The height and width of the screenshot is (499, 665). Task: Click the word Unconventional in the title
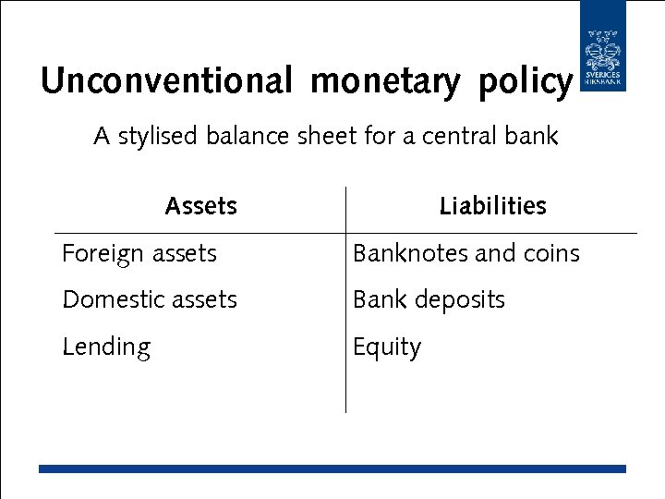tap(166, 81)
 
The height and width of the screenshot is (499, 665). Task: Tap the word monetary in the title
tap(384, 81)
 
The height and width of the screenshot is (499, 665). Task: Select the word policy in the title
tap(526, 81)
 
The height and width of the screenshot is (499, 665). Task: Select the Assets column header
tap(200, 206)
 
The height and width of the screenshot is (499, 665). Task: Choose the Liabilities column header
tap(492, 206)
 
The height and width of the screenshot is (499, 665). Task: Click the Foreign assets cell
tap(139, 253)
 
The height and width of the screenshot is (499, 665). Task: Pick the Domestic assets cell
tap(150, 299)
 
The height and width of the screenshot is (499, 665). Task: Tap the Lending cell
tap(106, 347)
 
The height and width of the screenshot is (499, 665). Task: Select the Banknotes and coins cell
tap(466, 253)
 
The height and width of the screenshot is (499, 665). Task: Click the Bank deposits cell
tap(429, 299)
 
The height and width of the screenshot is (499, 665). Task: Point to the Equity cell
tap(387, 347)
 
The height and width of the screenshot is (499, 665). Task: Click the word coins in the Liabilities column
tap(551, 253)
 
